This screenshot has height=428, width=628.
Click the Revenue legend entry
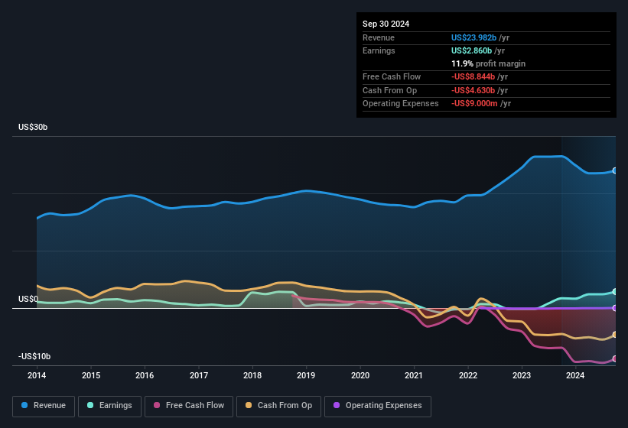(x=44, y=406)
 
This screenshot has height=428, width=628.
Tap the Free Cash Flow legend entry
(x=189, y=406)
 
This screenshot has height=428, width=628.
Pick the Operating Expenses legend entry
(x=377, y=406)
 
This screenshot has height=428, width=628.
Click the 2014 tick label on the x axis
(x=37, y=375)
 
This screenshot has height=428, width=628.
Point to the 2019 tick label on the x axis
(x=306, y=375)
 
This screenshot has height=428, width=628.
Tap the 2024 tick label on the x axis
(x=575, y=375)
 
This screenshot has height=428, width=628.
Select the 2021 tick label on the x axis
(x=414, y=375)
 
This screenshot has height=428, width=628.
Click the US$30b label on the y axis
(x=34, y=127)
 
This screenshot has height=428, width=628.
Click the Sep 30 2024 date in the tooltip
(x=386, y=24)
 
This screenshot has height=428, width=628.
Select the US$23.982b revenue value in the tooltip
(x=474, y=37)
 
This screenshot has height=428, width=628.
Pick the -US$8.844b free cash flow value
(x=473, y=76)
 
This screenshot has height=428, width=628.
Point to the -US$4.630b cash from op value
(x=473, y=90)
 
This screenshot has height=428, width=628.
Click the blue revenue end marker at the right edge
(x=614, y=170)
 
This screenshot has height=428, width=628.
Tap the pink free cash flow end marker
(x=614, y=358)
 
